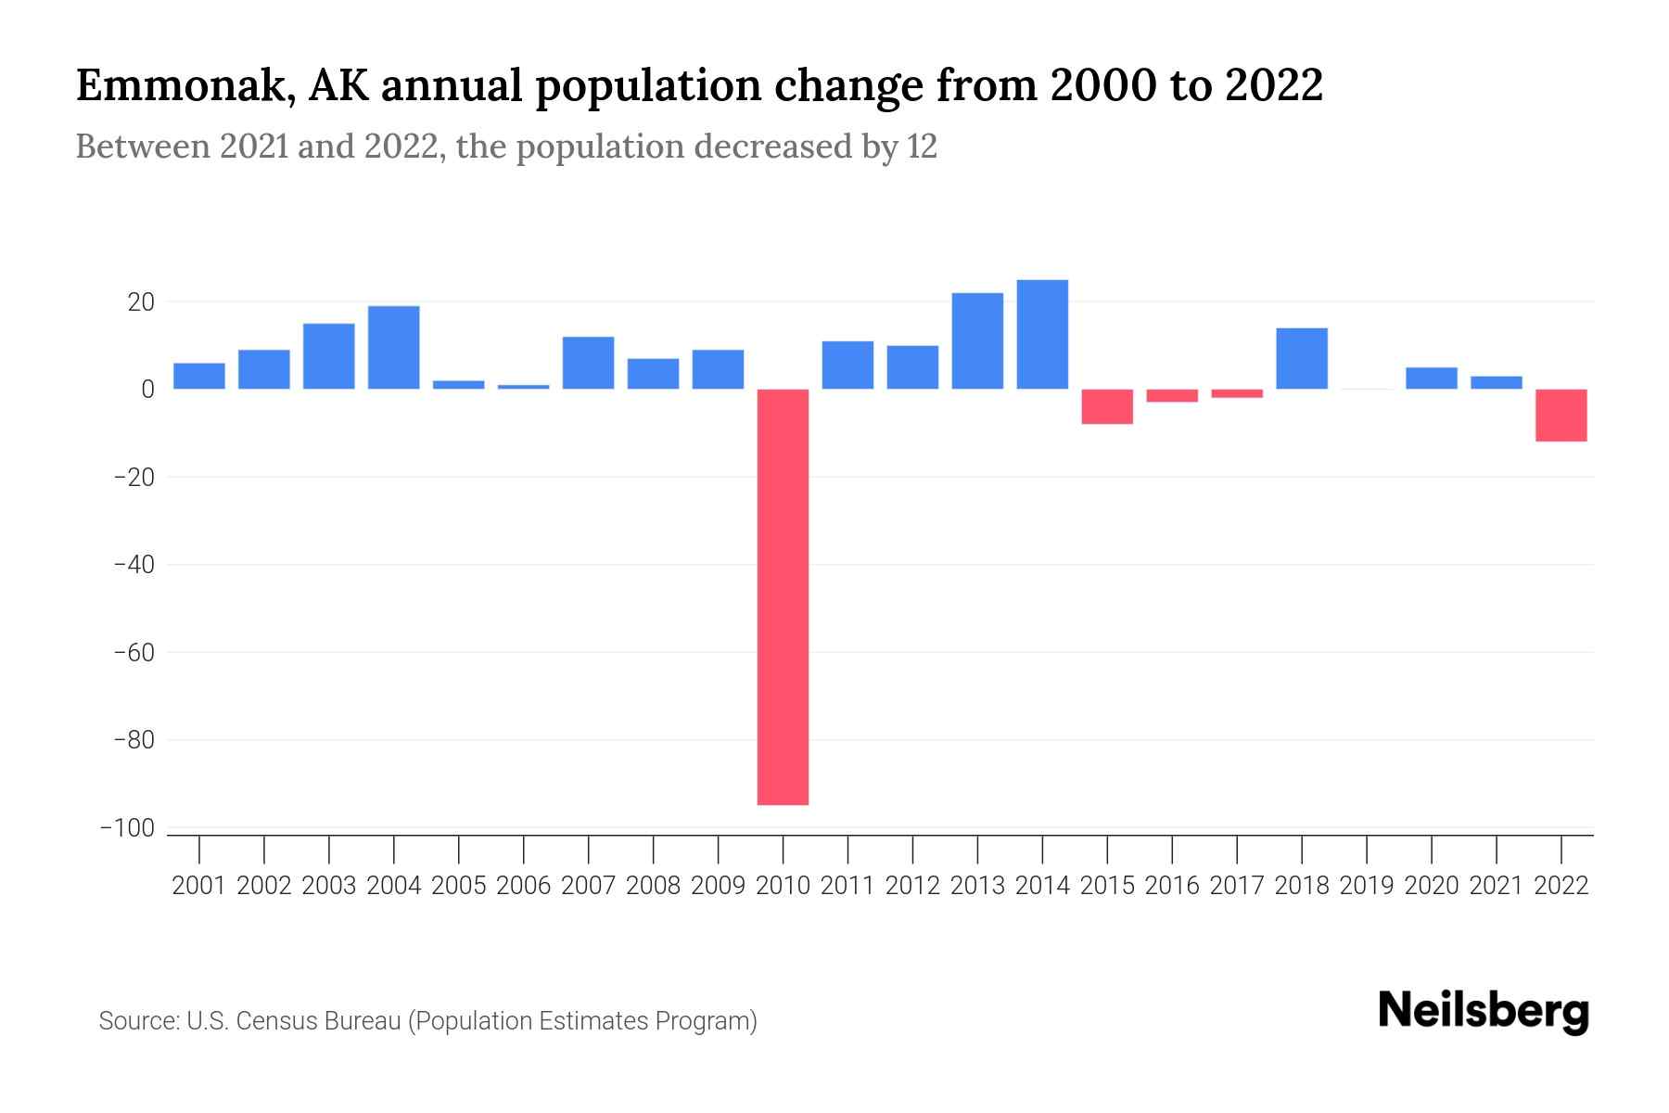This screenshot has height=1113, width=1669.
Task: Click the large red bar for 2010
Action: [x=783, y=596]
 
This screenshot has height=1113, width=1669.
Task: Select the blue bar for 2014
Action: [x=1042, y=334]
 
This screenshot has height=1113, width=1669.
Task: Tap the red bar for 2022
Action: [x=1561, y=415]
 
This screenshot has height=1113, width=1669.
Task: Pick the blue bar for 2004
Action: [x=394, y=347]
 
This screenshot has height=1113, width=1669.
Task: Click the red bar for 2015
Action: [x=1107, y=406]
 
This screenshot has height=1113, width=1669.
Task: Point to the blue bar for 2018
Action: [x=1302, y=358]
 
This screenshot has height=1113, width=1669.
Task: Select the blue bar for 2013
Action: [x=977, y=340]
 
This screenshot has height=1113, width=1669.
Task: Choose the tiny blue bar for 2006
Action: [x=524, y=387]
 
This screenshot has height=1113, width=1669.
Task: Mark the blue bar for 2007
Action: [x=588, y=363]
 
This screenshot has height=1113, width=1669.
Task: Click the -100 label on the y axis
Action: [x=127, y=828]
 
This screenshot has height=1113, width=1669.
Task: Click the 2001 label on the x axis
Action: [x=199, y=886]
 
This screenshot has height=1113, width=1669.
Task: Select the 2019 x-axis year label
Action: [x=1367, y=886]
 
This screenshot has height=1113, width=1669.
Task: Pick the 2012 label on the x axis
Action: [x=912, y=886]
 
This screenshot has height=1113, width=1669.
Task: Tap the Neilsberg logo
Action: [x=1484, y=1011]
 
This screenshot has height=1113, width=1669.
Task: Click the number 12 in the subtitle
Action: [x=922, y=147]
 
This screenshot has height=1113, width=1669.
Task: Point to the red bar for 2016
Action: [x=1172, y=396]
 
